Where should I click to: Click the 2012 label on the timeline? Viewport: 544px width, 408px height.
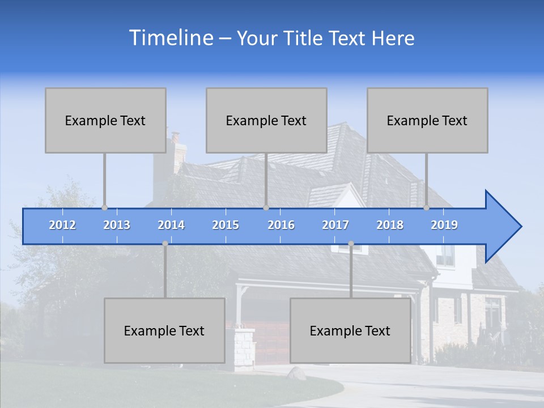pos(62,225)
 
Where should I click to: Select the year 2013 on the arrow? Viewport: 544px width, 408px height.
pos(117,225)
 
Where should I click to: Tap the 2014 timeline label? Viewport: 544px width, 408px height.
pos(171,225)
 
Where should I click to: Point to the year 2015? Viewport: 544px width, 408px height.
pos(226,225)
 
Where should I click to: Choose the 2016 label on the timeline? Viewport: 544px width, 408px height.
pos(281,225)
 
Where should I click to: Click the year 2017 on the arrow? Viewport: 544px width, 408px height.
pos(335,225)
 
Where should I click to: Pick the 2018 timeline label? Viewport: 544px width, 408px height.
pos(390,225)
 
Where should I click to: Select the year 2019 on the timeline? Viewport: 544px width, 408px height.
pos(444,225)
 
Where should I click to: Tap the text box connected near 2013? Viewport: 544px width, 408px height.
pos(105,120)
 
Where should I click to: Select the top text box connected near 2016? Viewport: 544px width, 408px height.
pos(266,120)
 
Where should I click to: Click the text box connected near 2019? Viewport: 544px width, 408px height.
pos(427,120)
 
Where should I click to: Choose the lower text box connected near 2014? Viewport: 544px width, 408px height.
pos(164,330)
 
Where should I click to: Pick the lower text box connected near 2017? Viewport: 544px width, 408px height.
pos(350,330)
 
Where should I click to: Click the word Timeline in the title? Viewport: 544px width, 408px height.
pos(170,38)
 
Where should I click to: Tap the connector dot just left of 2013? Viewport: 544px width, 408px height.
pos(104,207)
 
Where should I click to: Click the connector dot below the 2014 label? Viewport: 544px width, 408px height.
pos(165,244)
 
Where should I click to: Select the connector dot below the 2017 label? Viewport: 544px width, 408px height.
pos(351,244)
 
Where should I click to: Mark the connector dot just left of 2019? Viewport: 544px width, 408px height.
pos(426,207)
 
